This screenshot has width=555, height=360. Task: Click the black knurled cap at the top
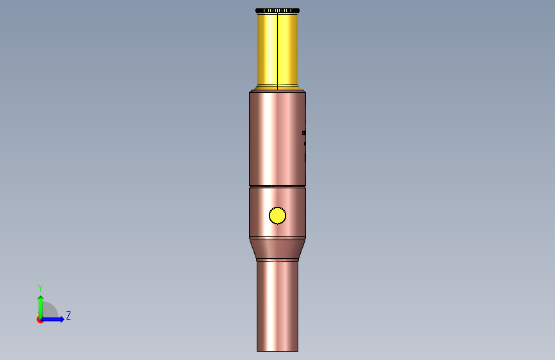tap(277, 10)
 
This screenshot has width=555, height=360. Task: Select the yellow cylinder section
tap(277, 49)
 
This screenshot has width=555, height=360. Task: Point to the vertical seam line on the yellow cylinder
tap(278, 49)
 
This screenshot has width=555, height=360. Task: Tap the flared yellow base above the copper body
tap(277, 87)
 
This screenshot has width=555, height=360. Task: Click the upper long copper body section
tap(277, 139)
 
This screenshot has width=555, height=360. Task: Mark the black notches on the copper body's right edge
tap(304, 142)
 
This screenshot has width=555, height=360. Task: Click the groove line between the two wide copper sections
tap(277, 186)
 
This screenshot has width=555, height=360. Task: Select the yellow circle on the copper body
tap(278, 215)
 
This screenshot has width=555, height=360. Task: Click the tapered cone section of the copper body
tap(277, 249)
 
